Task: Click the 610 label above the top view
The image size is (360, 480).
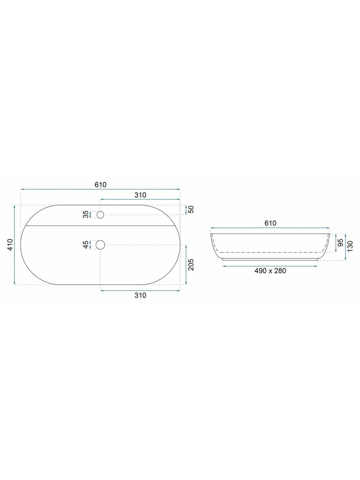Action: (100, 185)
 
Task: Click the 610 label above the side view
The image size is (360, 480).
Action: (270, 223)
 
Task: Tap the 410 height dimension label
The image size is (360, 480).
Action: (10, 245)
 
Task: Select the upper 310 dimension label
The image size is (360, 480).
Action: (140, 195)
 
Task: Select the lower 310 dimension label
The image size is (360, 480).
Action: (140, 295)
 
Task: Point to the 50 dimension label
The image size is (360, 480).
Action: (191, 209)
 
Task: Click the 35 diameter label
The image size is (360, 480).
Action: (86, 214)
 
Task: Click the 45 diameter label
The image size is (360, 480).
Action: (86, 244)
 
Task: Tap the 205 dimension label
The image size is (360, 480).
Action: (191, 264)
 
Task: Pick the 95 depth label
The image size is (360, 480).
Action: (341, 243)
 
